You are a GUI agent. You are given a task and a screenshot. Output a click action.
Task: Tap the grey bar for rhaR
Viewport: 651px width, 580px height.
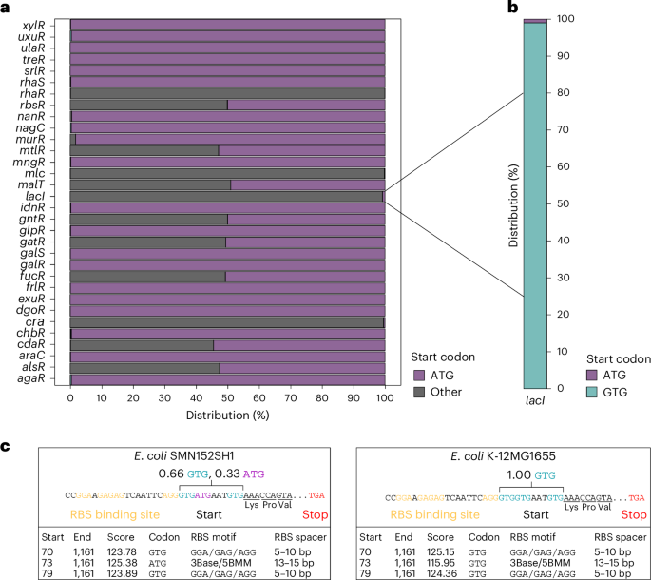pyautogui.click(x=228, y=92)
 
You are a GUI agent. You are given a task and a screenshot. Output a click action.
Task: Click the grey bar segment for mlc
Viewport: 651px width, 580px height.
pyautogui.click(x=228, y=173)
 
